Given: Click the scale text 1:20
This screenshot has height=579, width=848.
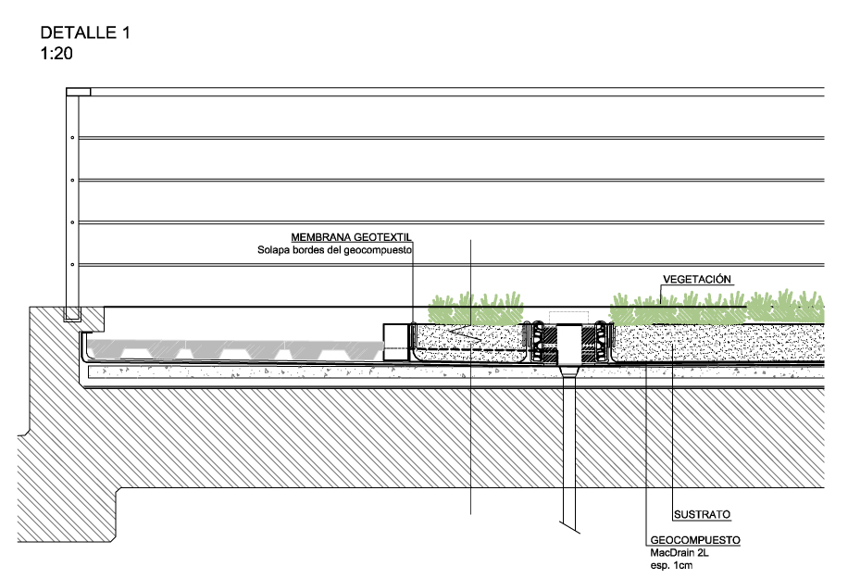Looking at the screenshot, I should (x=56, y=53).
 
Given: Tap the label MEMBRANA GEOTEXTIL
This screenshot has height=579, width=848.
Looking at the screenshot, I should (x=351, y=237).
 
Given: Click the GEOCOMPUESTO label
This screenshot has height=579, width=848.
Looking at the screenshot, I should (x=696, y=539).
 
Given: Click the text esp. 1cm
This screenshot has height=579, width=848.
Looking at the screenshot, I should (x=671, y=564).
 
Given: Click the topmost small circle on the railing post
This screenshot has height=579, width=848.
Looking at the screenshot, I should (x=73, y=137).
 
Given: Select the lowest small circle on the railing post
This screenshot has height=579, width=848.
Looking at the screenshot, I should (x=73, y=265).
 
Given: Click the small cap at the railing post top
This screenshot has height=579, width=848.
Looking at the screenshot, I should (x=79, y=91).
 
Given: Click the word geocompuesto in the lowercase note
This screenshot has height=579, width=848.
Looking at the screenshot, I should (x=376, y=250).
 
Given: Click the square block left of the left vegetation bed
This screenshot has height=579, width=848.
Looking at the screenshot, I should (x=397, y=335).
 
